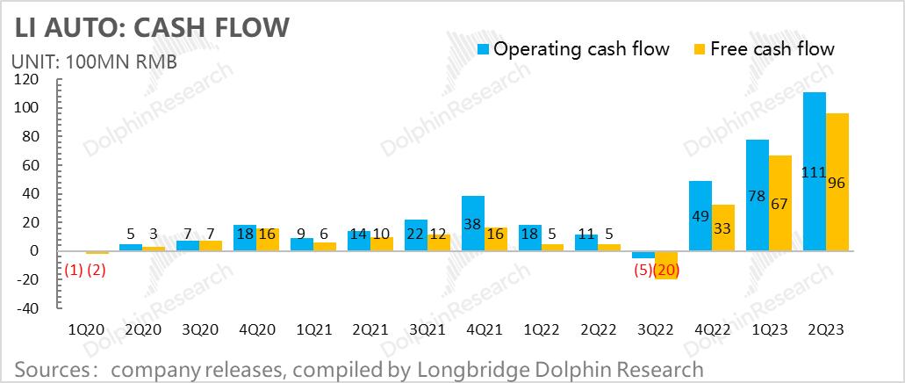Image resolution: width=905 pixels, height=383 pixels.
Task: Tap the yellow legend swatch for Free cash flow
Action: coord(700,48)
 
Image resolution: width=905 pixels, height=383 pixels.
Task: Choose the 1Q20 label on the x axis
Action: coord(87,329)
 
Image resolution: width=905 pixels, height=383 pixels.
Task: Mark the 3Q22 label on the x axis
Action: coord(656,329)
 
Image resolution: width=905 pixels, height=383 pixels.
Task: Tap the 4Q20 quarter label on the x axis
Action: coord(257,329)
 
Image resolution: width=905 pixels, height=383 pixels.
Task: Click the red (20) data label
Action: coord(668,271)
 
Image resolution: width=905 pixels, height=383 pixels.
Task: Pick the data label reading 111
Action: coord(814,172)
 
